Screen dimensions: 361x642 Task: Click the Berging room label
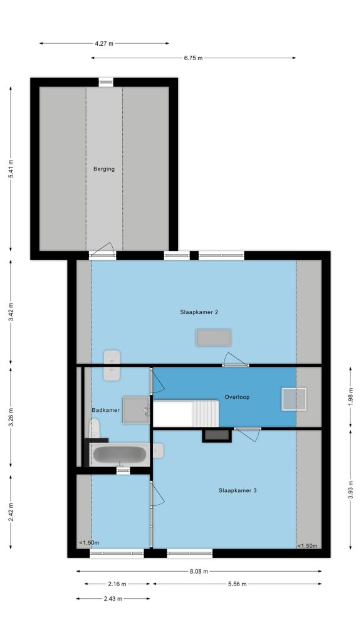click(x=104, y=169)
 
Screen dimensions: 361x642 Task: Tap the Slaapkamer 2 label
click(x=199, y=312)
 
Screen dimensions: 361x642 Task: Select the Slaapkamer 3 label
click(x=238, y=490)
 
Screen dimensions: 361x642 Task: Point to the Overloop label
click(x=237, y=397)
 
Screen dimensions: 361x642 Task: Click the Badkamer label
click(x=105, y=410)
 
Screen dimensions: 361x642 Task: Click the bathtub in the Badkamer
click(x=120, y=455)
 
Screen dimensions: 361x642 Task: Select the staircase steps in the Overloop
click(x=206, y=414)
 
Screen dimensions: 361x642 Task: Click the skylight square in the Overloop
click(x=294, y=399)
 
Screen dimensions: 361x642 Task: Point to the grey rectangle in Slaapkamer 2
click(x=214, y=338)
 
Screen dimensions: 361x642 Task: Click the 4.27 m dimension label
click(x=104, y=43)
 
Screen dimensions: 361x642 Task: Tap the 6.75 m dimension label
click(x=193, y=58)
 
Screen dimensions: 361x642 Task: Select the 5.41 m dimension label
click(x=11, y=168)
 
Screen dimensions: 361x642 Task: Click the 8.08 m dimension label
click(x=199, y=571)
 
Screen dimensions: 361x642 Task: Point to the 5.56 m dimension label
click(x=238, y=584)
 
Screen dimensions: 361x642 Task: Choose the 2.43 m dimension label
click(x=113, y=599)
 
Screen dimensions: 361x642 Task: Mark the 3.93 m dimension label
click(x=350, y=490)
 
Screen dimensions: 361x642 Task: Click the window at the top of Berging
click(x=106, y=82)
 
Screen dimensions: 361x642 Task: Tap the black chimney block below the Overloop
click(x=217, y=436)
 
